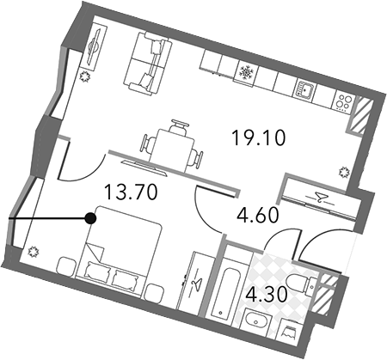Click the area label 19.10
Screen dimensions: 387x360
258,137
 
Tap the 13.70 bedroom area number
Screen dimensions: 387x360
131,192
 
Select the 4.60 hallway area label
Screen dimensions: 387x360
258,215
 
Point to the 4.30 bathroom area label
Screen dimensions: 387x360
266,294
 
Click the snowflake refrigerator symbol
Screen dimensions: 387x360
245,72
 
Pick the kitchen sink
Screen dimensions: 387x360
304,90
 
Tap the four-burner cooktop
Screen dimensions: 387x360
343,103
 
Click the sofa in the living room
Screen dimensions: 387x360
148,64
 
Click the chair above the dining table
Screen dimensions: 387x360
180,125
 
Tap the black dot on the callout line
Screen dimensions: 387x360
90,219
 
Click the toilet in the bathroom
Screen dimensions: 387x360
300,282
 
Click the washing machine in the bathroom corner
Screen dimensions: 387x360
290,333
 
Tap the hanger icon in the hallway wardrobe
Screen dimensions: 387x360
319,198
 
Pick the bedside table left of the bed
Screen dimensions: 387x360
65,266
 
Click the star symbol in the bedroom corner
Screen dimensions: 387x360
34,252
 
